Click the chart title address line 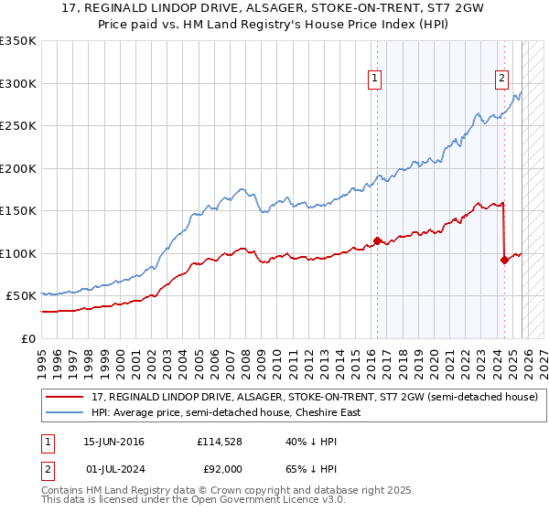274,8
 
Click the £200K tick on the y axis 18,168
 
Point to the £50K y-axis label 21,296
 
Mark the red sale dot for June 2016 377,241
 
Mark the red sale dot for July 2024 504,260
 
